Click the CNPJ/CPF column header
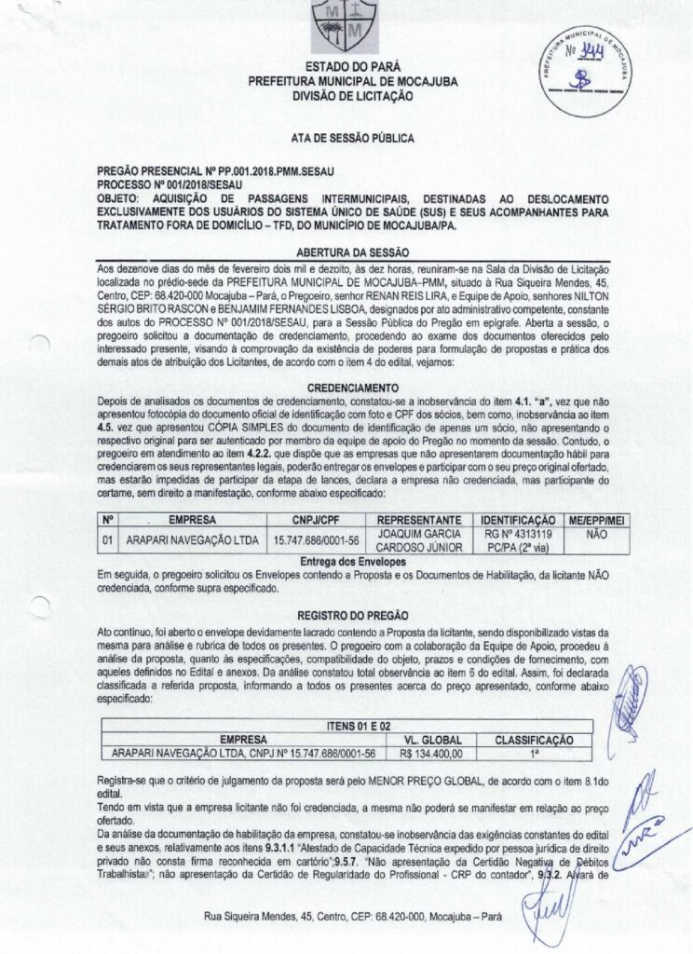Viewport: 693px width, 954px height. point(317,519)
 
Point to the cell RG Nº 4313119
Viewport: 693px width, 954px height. point(518,534)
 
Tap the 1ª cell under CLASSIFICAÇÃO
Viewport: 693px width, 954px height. point(533,753)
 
